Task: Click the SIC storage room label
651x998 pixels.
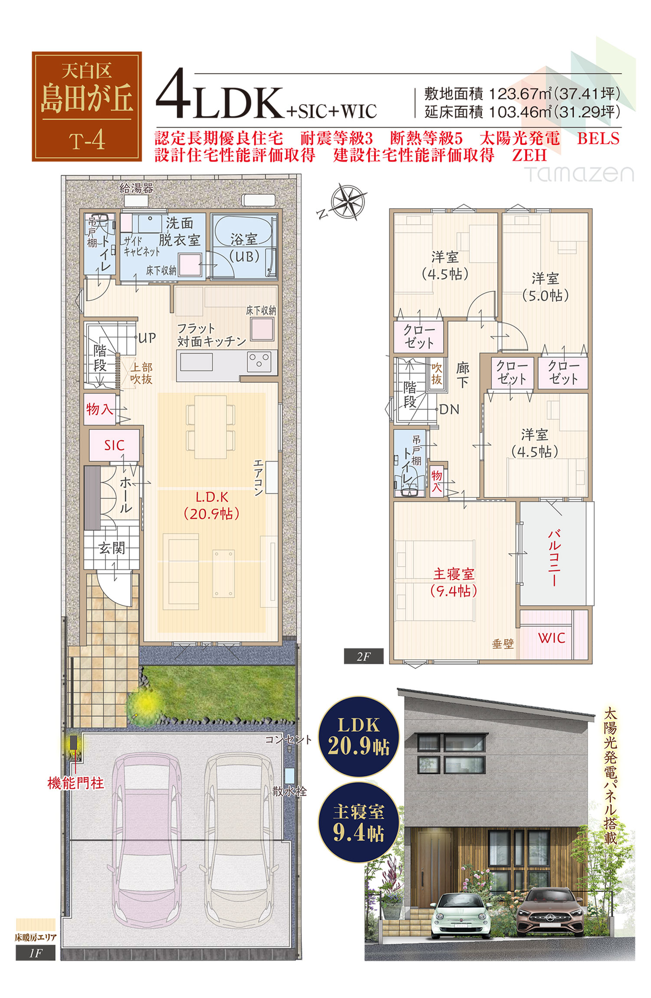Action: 114,445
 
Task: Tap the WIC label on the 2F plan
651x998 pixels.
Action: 552,637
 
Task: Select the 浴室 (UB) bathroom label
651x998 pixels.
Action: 244,248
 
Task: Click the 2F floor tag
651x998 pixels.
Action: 364,657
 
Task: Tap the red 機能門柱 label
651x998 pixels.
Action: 76,783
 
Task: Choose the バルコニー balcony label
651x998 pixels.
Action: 555,557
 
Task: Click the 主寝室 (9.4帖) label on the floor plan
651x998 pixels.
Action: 454,582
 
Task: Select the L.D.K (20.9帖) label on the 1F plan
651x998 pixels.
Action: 212,506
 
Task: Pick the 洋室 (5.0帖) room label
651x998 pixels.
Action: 546,287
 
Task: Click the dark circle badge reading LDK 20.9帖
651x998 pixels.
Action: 359,736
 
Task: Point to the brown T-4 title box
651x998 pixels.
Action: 87,107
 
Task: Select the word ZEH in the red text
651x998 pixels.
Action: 529,155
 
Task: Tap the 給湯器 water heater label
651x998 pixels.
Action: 136,188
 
